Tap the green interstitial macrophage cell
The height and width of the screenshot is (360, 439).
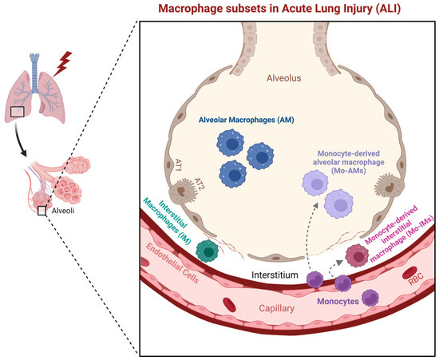(208, 249)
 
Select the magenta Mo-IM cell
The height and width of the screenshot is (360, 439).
(355, 253)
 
